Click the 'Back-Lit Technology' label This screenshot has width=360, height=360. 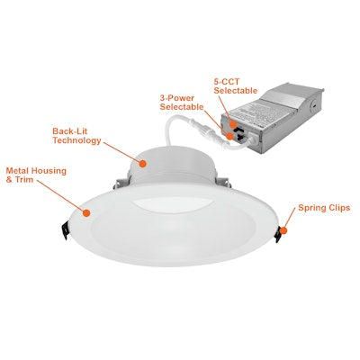[76, 136]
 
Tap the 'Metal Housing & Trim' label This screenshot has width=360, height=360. [36, 173]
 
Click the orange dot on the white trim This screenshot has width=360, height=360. [87, 212]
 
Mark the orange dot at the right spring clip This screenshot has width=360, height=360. [282, 230]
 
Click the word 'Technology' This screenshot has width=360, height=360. [76, 141]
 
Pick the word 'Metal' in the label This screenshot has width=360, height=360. [21, 168]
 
